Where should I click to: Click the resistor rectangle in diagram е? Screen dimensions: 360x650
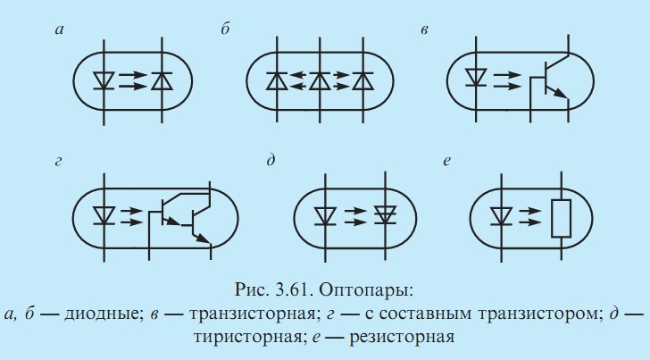pos(560,217)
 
